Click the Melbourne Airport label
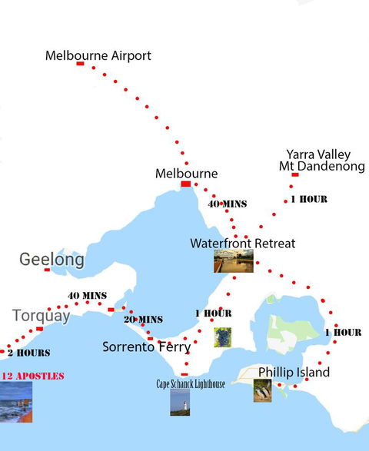click(98, 56)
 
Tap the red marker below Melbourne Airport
click(80, 64)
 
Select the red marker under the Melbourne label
click(185, 184)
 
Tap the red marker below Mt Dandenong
click(295, 175)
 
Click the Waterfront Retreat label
click(242, 244)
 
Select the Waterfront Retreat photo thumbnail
click(233, 261)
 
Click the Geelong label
click(52, 260)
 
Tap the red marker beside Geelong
click(47, 270)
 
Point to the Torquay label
click(41, 315)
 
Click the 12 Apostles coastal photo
click(16, 403)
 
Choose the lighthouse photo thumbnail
click(180, 403)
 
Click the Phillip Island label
click(294, 373)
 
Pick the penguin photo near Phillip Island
click(262, 390)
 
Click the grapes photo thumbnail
click(222, 337)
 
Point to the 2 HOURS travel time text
click(29, 353)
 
